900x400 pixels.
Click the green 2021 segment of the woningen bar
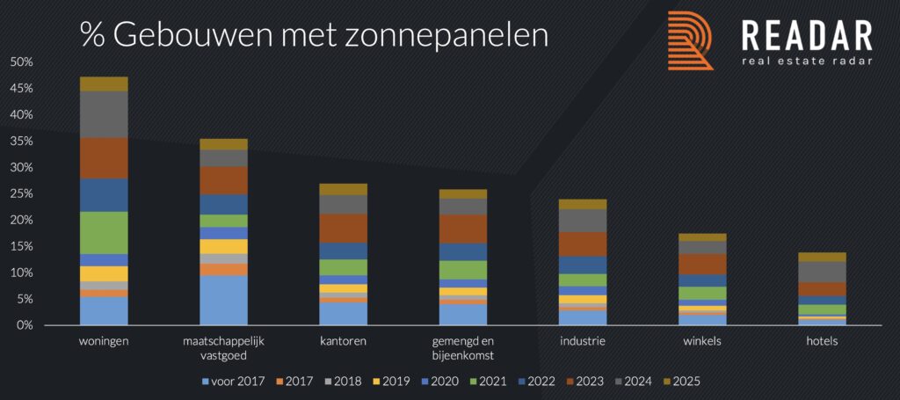pos(104,233)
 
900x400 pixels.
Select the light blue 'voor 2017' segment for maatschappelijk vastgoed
pos(223,300)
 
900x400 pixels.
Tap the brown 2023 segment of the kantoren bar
pos(343,228)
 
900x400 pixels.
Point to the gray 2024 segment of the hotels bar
pos(823,272)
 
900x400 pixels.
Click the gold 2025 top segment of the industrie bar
pos(583,204)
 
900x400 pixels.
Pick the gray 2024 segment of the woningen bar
pos(104,114)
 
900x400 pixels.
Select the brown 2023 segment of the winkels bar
pos(702,264)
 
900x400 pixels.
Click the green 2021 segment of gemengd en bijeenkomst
pos(463,270)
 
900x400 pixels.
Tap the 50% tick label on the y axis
pos(21,62)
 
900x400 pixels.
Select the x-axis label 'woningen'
pos(104,341)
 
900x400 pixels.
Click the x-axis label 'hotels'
pos(823,341)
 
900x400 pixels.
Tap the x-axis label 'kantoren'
pos(343,341)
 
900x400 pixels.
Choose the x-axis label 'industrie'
pos(583,341)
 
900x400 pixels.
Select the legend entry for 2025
pos(682,382)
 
